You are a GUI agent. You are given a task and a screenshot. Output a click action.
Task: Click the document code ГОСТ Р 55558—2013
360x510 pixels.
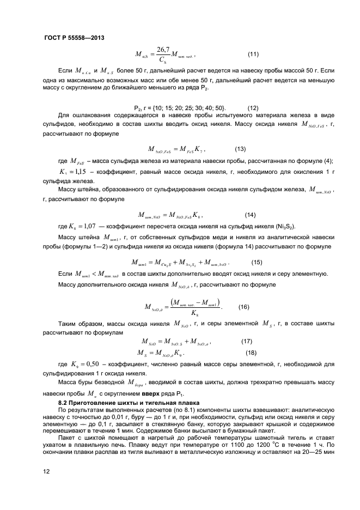coord(74,38)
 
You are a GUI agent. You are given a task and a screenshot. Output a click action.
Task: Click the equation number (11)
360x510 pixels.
coord(253,54)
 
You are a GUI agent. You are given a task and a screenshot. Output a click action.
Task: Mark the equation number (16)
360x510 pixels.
coord(244,307)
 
